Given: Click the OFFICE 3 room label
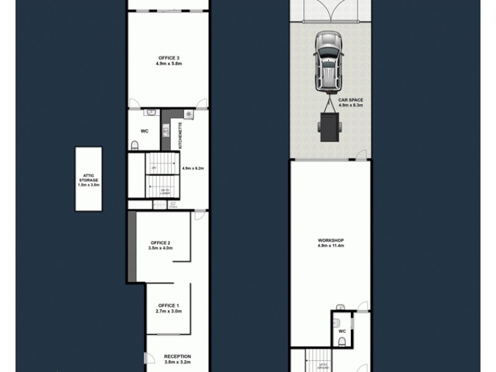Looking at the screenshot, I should (x=169, y=58).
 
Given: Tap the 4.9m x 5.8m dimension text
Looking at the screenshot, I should (x=169, y=63).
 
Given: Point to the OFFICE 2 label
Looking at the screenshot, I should (x=160, y=242).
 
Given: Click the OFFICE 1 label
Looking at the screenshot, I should (x=168, y=306).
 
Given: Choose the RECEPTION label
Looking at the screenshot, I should (x=177, y=356).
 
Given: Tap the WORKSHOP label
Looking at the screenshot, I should (x=331, y=241).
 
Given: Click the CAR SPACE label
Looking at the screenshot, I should (x=351, y=100).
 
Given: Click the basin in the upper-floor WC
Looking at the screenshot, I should (x=151, y=113).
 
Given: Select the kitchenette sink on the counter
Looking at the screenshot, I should (x=166, y=130).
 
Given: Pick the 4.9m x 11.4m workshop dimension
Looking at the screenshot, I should (x=331, y=246).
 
